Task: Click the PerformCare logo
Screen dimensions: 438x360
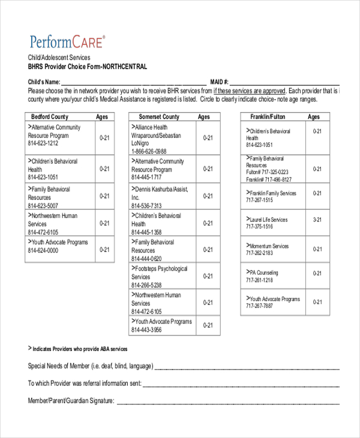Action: pos(67,41)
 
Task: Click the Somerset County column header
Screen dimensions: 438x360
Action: pos(159,117)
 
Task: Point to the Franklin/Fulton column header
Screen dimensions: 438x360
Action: pos(268,117)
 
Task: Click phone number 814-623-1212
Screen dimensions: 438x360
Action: pos(43,144)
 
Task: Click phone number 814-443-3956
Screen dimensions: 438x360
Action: pos(147,330)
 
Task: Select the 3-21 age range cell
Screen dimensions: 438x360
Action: pos(317,220)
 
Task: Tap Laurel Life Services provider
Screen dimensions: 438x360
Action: pos(268,220)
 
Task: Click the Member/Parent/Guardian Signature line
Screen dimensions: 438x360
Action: pos(228,401)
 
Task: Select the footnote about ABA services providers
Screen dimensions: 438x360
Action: pos(78,349)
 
